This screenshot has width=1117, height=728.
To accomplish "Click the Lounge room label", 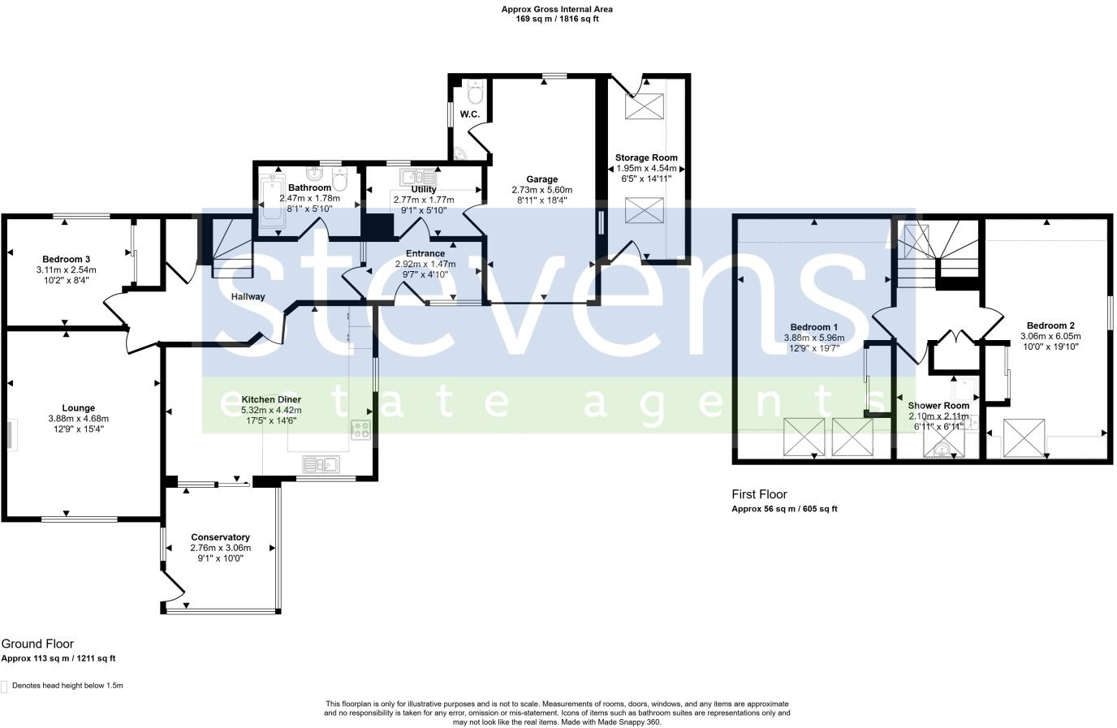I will [x=78, y=408].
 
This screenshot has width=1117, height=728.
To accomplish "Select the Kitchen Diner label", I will [x=271, y=399].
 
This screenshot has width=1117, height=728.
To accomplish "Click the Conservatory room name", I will [x=220, y=537].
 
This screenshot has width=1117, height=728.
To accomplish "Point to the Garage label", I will [x=541, y=179].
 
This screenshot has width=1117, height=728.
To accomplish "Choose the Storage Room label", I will [x=646, y=157].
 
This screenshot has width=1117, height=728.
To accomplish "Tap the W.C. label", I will [x=470, y=114].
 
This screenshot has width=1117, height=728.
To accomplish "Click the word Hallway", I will [x=248, y=296].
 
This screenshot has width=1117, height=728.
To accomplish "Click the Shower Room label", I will [x=938, y=405].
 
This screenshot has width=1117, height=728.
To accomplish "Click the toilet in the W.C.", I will [x=476, y=88].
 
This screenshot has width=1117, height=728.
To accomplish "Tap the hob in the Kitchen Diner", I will [x=360, y=430].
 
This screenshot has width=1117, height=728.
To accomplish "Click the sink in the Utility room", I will [x=418, y=177].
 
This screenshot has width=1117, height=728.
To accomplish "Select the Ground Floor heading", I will [x=37, y=644].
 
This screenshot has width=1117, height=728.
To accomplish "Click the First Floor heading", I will [x=759, y=494].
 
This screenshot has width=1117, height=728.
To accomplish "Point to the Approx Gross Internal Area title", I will [x=558, y=10].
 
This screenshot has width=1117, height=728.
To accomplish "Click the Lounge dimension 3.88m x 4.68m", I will [x=78, y=419].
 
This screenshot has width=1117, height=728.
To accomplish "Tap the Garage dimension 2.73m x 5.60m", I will [x=541, y=189].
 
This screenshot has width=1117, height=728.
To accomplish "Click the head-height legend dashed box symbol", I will [x=4, y=687].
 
